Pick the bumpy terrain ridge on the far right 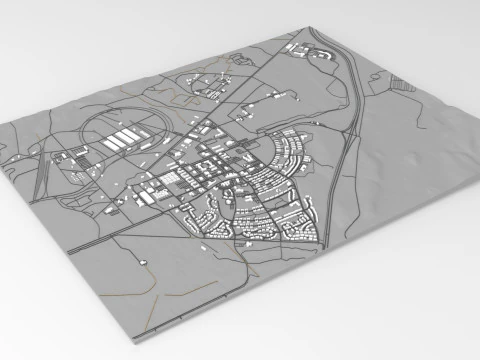click(440, 140)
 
